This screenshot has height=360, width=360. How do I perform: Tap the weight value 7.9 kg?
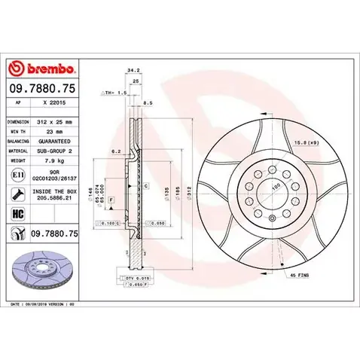click(x=53, y=160)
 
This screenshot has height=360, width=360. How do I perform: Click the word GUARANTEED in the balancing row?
click(x=56, y=141)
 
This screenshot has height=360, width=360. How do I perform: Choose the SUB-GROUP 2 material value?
click(x=56, y=151)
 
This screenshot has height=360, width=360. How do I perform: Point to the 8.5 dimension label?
click(x=148, y=102)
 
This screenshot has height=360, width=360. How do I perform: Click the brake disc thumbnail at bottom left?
click(x=41, y=269)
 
